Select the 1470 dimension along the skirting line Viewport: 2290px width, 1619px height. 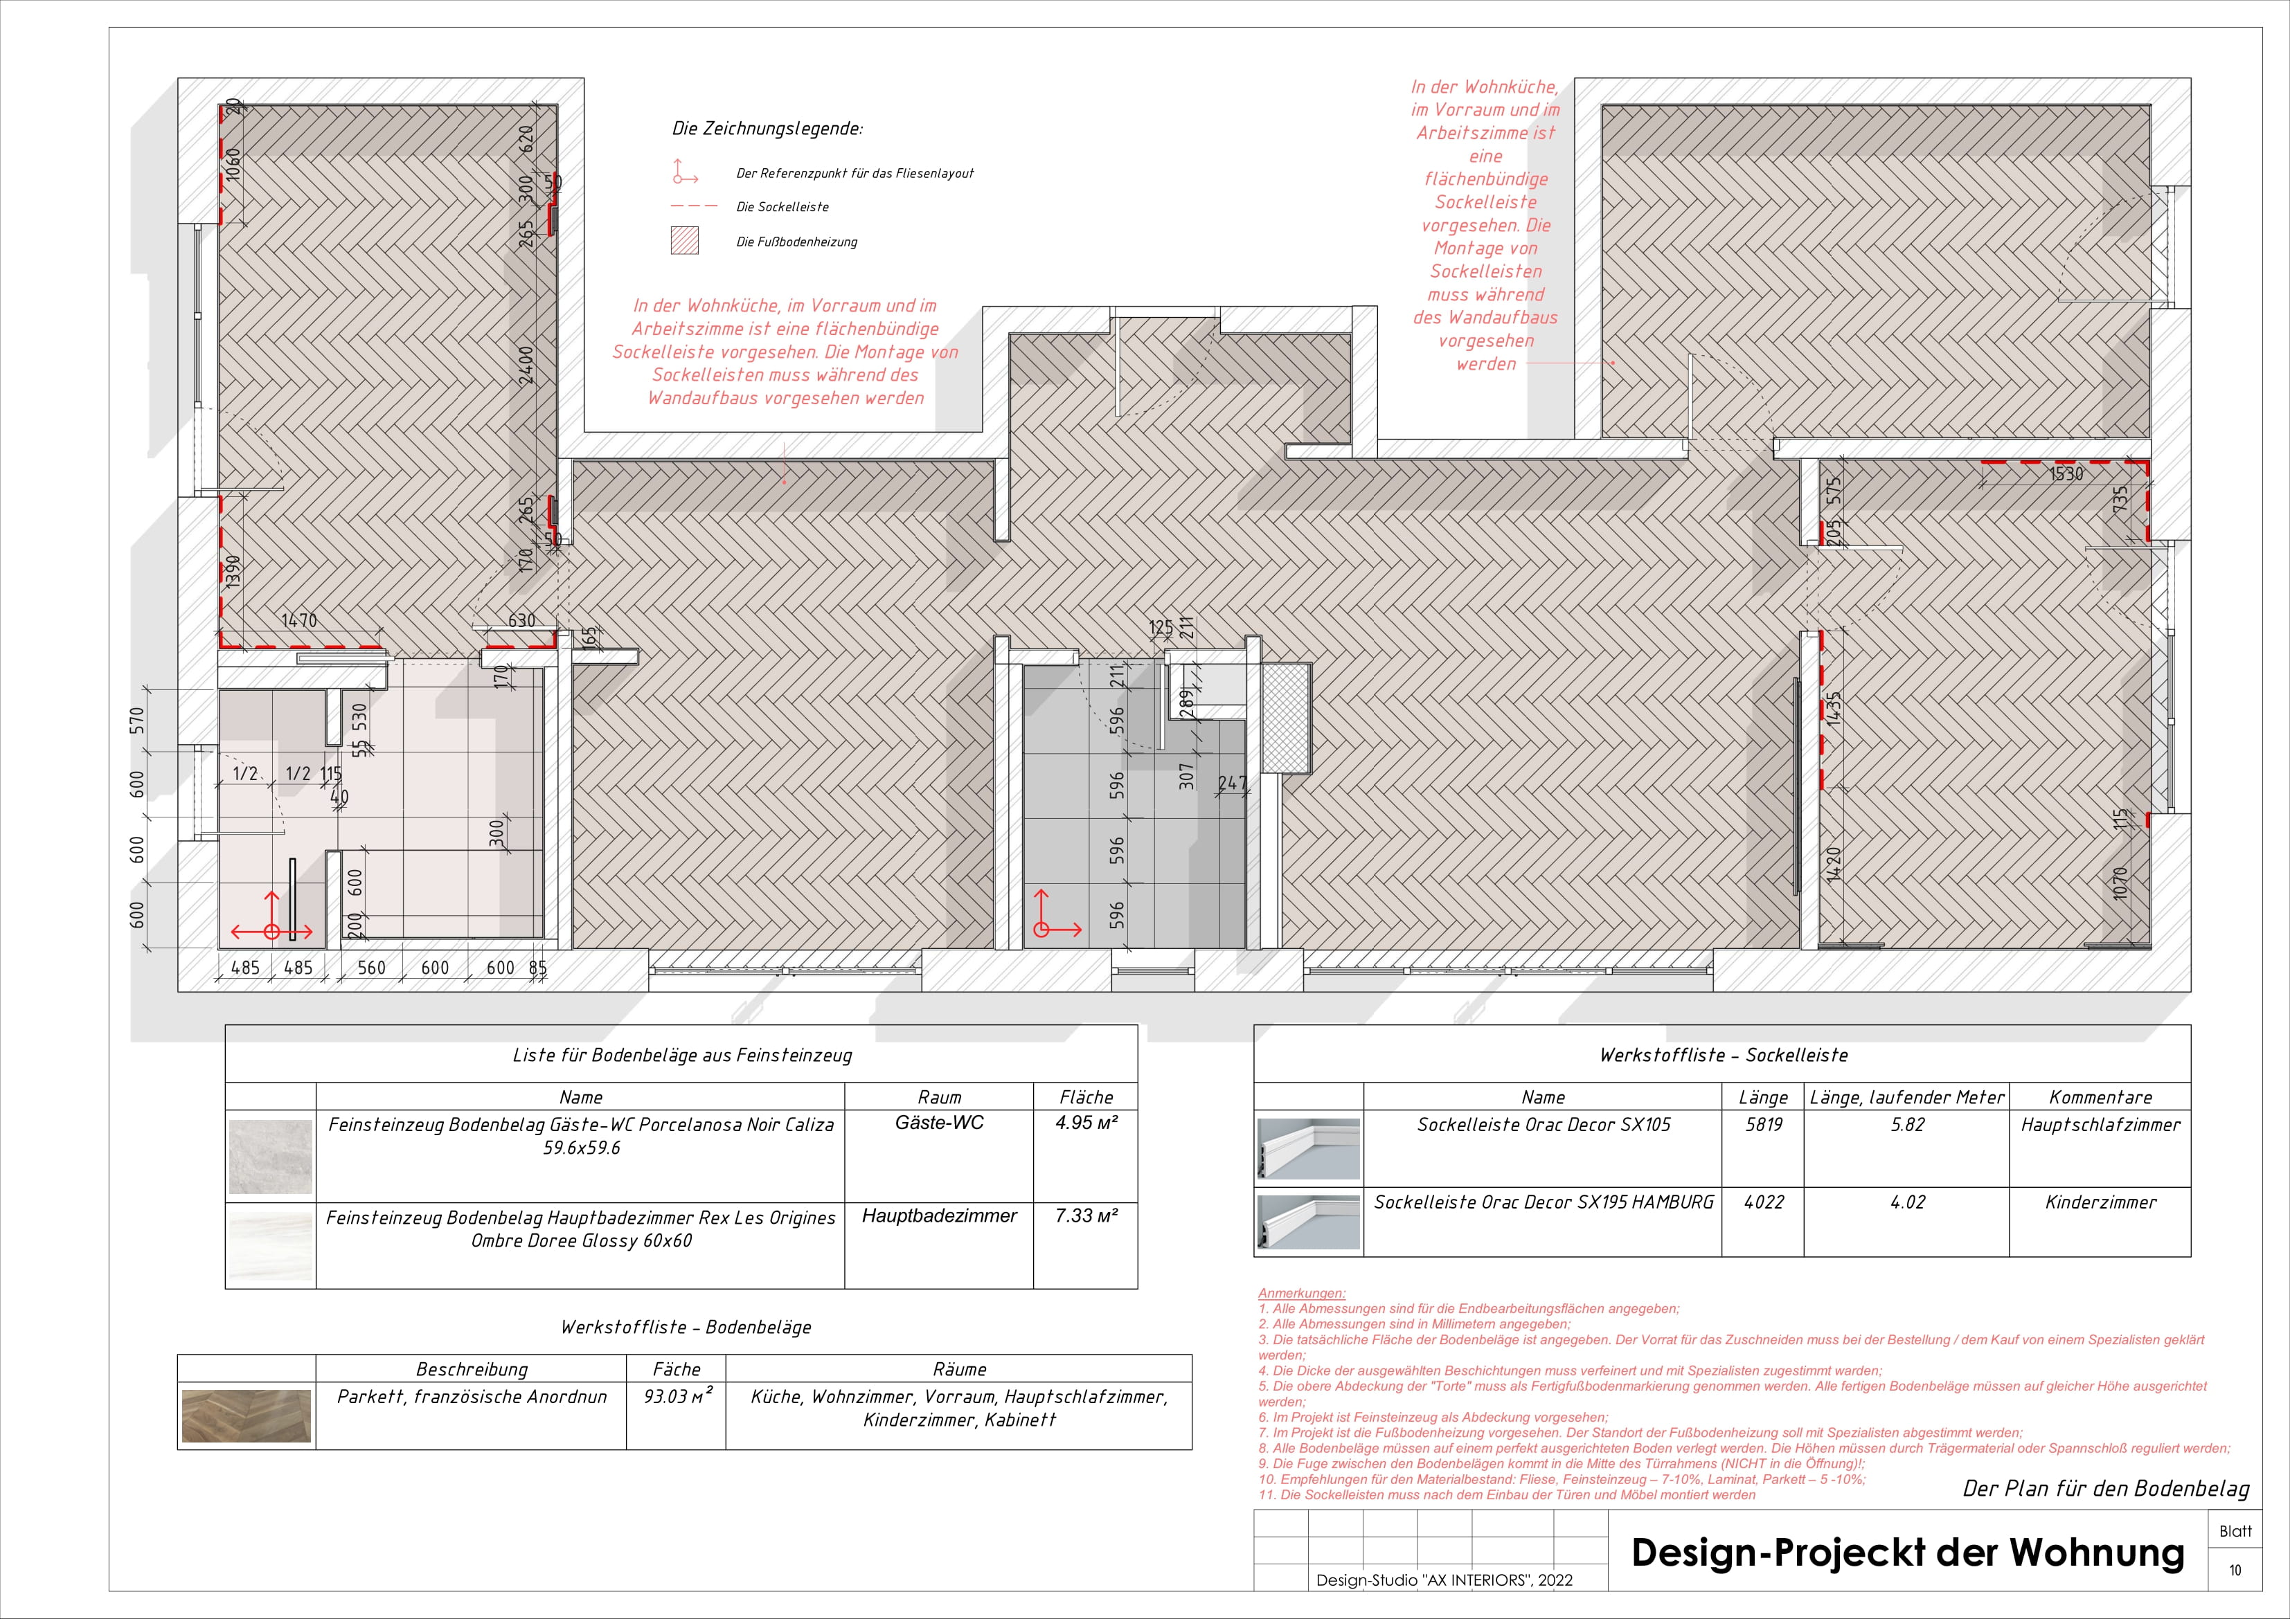(298, 620)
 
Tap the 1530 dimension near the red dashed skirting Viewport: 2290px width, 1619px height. (2066, 475)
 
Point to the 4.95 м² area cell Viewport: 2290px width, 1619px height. (1086, 1123)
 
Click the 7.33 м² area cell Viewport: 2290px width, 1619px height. (1086, 1215)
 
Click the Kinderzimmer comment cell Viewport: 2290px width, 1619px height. (2100, 1202)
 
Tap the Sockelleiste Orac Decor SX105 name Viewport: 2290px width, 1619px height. (1543, 1125)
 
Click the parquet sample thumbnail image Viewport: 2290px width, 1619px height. (247, 1416)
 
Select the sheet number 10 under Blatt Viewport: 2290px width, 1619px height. (2235, 1570)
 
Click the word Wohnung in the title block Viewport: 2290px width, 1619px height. (2095, 1553)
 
